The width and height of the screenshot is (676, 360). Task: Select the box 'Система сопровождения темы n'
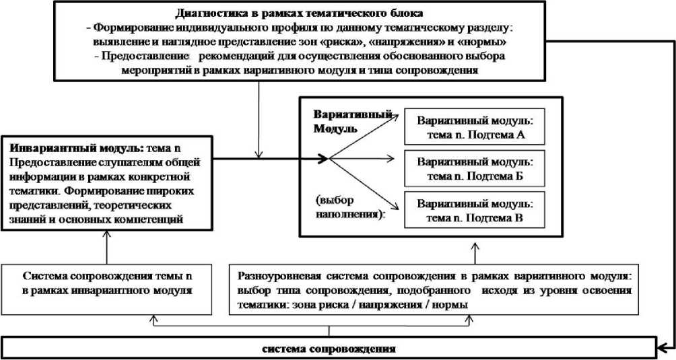(x=107, y=283)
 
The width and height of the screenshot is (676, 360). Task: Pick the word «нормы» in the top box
(x=485, y=42)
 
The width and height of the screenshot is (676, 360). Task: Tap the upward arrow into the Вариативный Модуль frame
(x=475, y=249)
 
